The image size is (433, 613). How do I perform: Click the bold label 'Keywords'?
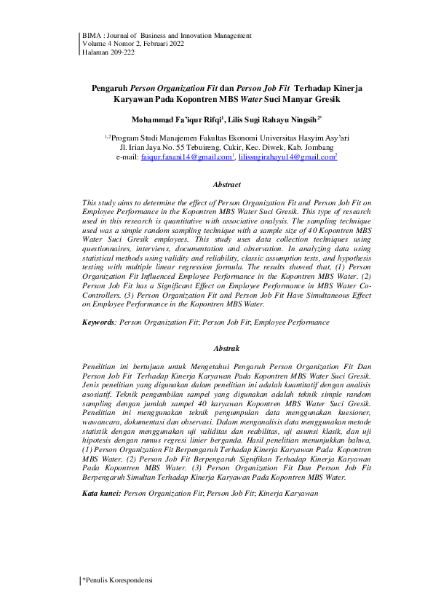pyautogui.click(x=98, y=320)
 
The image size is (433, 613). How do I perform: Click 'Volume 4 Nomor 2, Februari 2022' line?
pyautogui.click(x=133, y=44)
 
